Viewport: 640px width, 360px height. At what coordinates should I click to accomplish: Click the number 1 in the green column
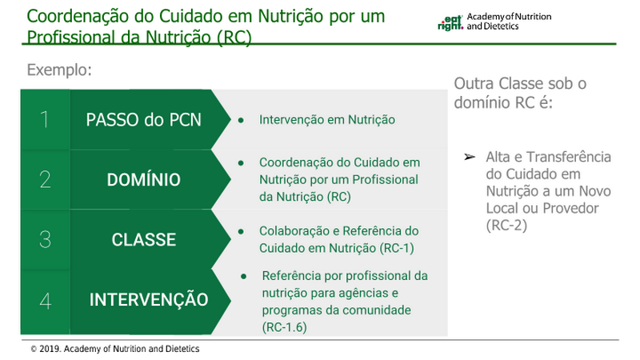45,119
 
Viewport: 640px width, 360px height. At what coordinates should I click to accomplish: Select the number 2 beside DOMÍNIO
46,179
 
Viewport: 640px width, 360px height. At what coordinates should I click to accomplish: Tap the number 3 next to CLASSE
46,239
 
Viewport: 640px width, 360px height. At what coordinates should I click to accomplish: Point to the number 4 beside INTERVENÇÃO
46,301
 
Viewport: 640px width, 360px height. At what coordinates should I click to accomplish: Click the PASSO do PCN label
144,119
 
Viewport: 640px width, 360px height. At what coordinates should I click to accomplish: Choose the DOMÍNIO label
144,179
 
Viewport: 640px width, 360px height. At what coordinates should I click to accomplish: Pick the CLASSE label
144,239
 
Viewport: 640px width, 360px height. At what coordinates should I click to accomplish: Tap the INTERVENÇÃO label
149,299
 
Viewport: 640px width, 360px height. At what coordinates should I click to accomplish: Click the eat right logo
450,23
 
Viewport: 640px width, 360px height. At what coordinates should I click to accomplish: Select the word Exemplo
59,70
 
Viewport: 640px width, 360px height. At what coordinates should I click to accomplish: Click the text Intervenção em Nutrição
327,119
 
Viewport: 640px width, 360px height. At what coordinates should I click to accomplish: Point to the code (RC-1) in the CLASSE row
396,248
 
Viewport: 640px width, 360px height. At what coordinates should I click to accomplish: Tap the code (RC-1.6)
284,327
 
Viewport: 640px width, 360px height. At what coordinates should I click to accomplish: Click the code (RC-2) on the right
506,226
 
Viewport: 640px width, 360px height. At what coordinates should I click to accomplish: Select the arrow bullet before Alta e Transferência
470,157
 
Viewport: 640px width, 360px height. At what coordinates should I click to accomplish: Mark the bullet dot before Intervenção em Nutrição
241,120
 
